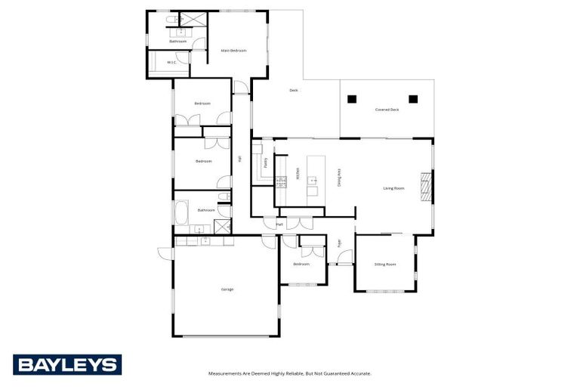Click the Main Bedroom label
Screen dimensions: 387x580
tap(234, 51)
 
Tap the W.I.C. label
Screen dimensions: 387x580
tap(172, 63)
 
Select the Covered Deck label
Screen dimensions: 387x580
tap(387, 110)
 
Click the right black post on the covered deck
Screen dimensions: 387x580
tap(413, 99)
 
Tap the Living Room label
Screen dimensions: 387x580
tap(394, 188)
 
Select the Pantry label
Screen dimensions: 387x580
tap(266, 162)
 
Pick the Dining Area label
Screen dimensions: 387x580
tap(339, 178)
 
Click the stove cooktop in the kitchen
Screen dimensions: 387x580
tap(281, 181)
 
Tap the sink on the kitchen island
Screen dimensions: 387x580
tap(311, 182)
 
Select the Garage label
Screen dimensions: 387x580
tap(227, 289)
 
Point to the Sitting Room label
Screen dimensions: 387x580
tap(385, 265)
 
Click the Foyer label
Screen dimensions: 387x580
tap(340, 243)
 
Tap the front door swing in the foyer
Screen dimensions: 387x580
tap(344, 258)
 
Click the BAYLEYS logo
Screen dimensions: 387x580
tap(67, 365)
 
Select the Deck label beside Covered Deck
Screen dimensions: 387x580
tap(294, 91)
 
